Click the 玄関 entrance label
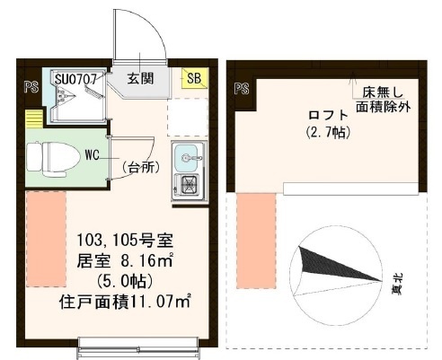(139, 78)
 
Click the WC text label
(92, 154)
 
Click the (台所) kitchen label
(143, 167)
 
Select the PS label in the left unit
(29, 89)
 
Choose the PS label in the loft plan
(241, 89)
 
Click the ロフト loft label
(325, 115)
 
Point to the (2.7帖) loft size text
(325, 133)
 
